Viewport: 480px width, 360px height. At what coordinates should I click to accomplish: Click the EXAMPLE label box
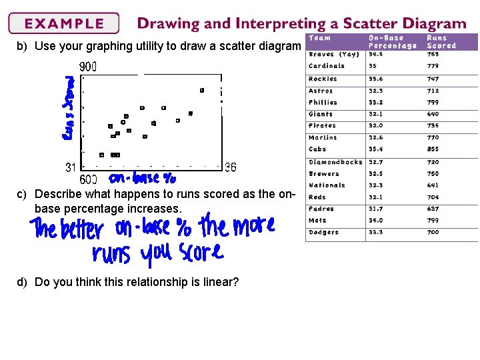click(64, 24)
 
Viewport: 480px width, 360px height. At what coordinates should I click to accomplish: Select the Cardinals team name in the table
click(327, 66)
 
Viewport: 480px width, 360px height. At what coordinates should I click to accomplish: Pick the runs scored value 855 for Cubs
click(433, 149)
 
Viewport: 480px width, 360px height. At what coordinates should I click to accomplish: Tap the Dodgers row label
click(323, 233)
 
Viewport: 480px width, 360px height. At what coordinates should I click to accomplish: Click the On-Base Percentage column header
click(393, 42)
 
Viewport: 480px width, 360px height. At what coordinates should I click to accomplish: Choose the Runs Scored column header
click(441, 42)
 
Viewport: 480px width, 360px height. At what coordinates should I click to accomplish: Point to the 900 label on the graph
click(88, 67)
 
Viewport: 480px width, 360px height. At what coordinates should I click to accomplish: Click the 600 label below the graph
click(88, 179)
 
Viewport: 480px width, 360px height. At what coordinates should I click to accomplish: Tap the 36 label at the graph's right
click(230, 167)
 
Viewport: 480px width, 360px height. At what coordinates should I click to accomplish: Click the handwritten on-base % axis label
click(143, 179)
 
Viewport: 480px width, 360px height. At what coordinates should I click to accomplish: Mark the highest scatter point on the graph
click(202, 90)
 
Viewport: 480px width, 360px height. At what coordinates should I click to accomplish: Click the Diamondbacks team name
click(335, 162)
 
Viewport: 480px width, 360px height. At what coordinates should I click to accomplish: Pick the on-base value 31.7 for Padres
click(377, 209)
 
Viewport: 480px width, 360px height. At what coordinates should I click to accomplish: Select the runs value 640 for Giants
click(433, 114)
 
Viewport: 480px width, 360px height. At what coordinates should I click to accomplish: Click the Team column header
click(320, 38)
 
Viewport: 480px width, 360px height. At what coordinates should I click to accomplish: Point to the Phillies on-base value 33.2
click(377, 103)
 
